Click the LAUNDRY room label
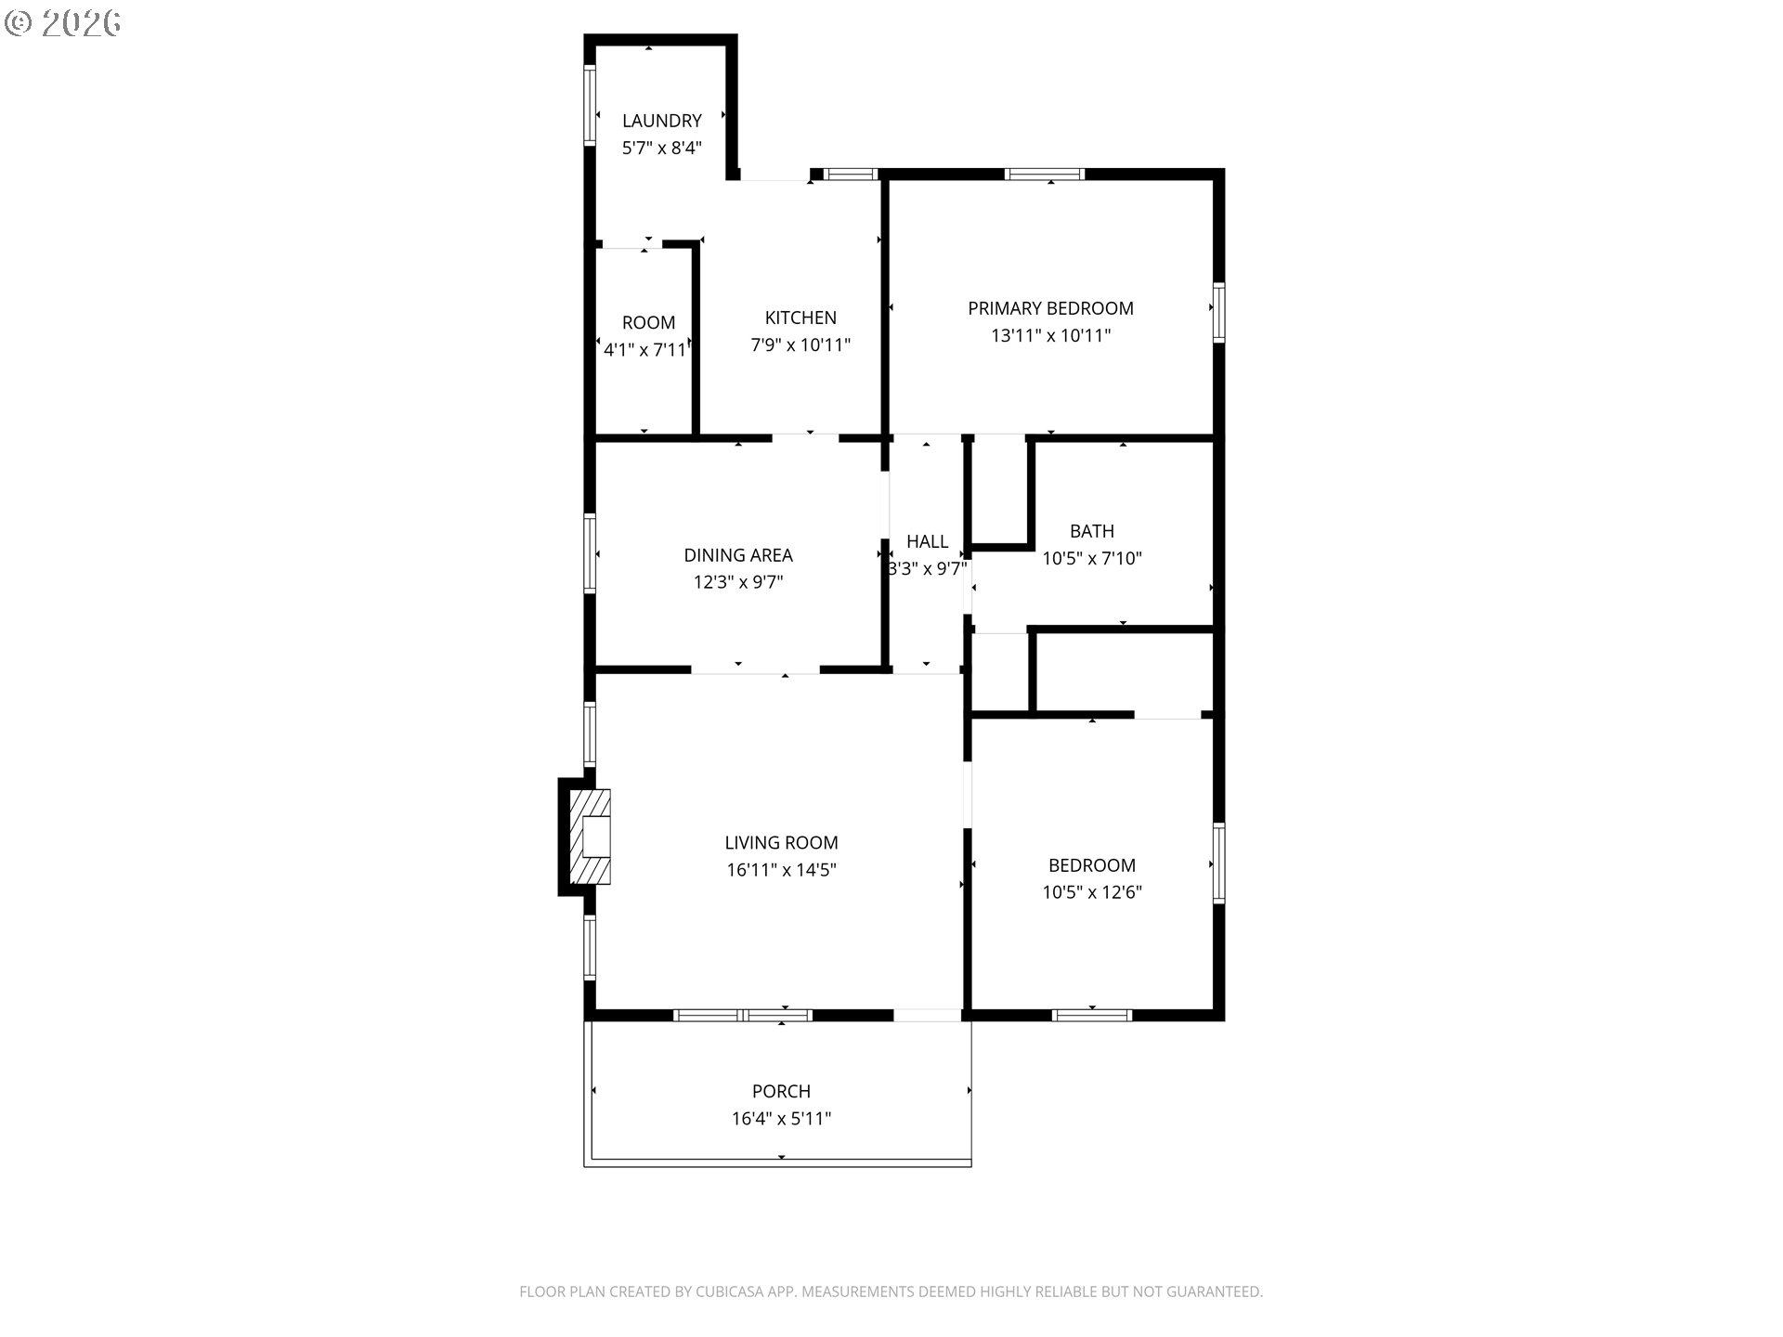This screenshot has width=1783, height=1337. (661, 121)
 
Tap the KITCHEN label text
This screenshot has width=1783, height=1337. (800, 318)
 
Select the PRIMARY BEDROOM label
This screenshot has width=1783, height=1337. (1050, 308)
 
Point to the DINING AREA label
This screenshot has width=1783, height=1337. (738, 555)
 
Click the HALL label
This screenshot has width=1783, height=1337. (927, 541)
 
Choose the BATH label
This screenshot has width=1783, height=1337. (1091, 531)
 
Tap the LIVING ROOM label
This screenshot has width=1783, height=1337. (781, 843)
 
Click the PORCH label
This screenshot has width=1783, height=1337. (781, 1091)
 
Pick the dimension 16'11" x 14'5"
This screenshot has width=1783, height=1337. (781, 870)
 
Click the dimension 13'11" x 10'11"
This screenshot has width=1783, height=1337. (1050, 335)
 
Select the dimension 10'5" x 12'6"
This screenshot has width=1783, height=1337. (1091, 892)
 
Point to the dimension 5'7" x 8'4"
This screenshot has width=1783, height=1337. (661, 148)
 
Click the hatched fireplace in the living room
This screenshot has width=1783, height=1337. (590, 837)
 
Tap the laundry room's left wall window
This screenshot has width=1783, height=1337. (589, 105)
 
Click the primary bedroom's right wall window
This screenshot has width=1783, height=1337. (1218, 313)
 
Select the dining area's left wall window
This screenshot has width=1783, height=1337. (589, 553)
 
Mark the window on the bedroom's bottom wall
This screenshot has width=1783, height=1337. (1091, 1015)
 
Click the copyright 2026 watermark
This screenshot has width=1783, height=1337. (63, 22)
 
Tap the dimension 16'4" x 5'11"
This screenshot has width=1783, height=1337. (781, 1119)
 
